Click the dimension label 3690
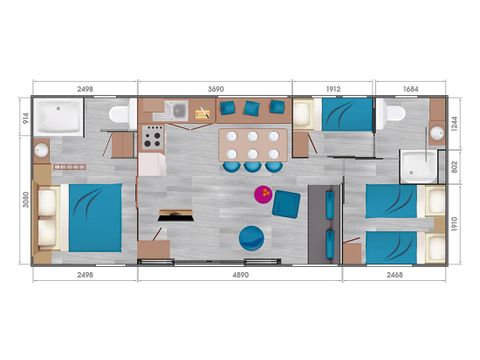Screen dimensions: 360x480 214,89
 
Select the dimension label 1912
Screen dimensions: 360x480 333,89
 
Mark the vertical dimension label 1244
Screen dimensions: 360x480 453,123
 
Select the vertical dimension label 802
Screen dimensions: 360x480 453,168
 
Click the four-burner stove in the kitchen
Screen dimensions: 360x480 154,137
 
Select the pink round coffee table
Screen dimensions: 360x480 264,193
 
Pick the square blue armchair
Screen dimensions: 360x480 286,203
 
